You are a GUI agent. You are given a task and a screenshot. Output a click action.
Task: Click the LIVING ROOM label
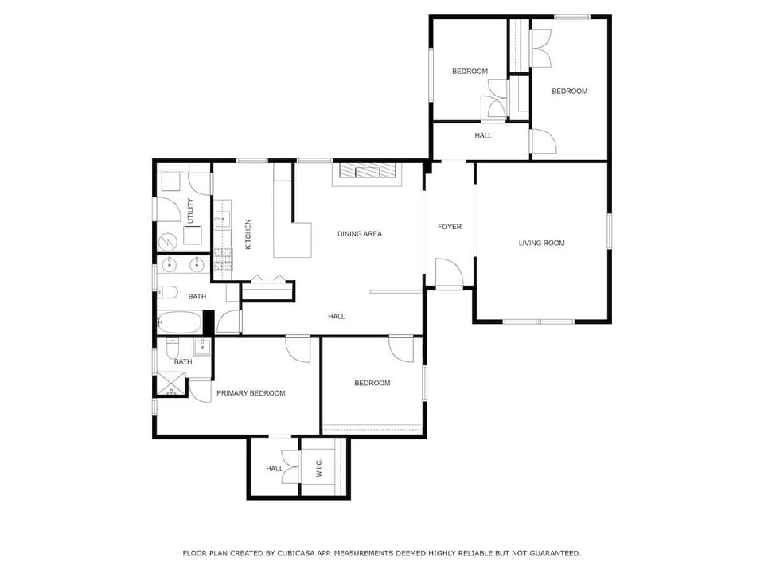(541, 243)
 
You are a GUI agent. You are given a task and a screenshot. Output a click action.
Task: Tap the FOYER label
(450, 227)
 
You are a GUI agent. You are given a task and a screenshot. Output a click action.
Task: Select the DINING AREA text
(360, 234)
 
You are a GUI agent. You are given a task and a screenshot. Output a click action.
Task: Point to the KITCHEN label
(248, 234)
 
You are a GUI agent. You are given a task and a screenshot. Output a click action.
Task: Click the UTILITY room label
(190, 210)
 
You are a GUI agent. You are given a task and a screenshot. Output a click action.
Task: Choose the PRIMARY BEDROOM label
(251, 393)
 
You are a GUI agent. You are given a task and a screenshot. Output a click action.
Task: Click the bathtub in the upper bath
(180, 322)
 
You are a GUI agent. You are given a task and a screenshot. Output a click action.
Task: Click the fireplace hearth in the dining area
(368, 172)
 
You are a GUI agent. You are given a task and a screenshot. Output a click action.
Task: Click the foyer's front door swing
(449, 275)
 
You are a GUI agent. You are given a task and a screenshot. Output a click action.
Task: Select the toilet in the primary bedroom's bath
(173, 348)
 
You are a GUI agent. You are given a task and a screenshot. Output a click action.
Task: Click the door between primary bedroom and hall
(298, 349)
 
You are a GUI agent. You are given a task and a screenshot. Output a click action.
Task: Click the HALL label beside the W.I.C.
(275, 469)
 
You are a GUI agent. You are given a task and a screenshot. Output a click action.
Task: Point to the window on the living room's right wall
(609, 230)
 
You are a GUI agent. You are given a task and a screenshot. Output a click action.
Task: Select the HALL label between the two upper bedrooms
(483, 135)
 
